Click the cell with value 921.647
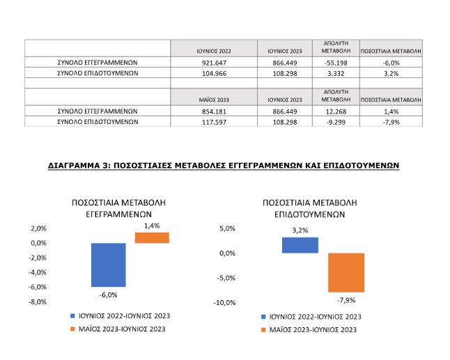214,62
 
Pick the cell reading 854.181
214,111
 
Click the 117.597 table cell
214,121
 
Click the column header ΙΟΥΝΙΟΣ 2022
214,51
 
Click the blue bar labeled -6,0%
108,265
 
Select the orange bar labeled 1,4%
152,237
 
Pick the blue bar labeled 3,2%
300,245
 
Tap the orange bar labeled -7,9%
346,272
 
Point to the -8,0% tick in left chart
38,302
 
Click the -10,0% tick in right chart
224,303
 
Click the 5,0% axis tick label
227,228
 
